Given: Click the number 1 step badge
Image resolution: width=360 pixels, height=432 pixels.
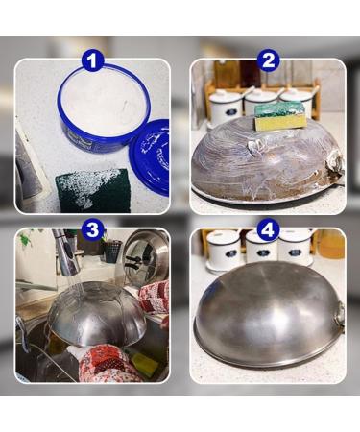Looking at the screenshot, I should tap(93, 62).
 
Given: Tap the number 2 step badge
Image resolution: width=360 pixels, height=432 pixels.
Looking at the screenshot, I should tap(268, 62).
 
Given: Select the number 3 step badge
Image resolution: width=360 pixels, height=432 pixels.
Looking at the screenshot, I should tap(93, 229).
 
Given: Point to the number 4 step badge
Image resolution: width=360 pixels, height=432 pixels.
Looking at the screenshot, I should tap(268, 230).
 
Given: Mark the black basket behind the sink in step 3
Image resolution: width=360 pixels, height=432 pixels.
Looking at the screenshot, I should tap(112, 252).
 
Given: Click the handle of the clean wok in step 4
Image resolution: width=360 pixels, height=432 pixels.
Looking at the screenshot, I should tap(338, 312).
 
